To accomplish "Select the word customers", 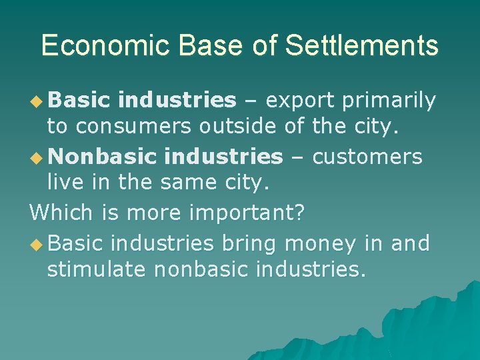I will [367, 157].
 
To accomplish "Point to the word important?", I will [247, 213].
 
